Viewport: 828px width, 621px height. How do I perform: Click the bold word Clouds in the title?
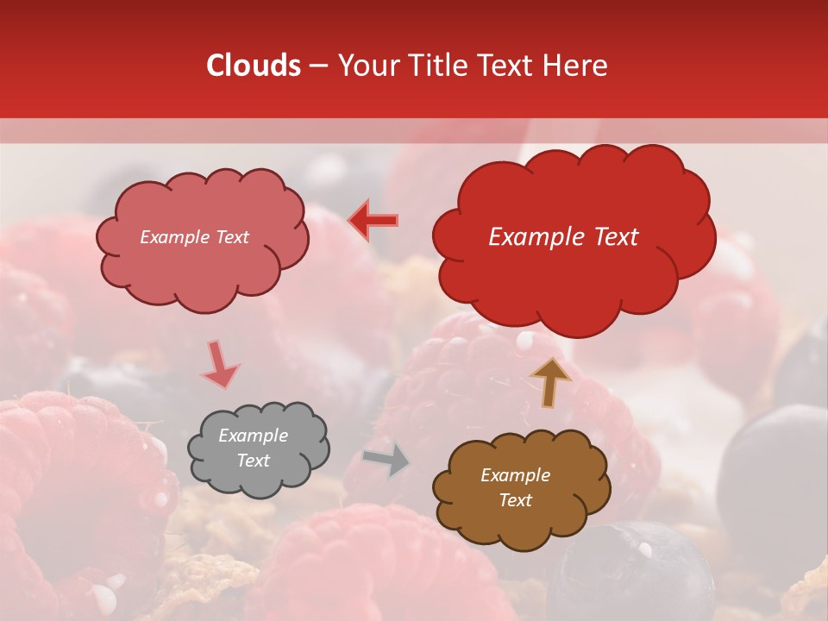coord(254,66)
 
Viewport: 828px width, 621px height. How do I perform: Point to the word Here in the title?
coord(575,66)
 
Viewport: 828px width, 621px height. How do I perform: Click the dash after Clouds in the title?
coord(317,66)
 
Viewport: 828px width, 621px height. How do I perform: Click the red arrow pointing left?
coord(373,220)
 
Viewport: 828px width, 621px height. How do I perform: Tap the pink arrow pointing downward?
coord(219,365)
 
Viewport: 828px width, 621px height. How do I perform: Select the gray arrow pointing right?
coord(386,460)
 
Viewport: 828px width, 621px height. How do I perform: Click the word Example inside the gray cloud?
coord(253,436)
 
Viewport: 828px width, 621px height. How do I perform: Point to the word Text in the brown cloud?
coord(515,500)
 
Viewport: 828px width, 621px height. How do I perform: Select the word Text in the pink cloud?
coord(231,237)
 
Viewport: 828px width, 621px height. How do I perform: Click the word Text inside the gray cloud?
coord(253,461)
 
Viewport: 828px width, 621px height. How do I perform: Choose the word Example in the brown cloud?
coord(515,475)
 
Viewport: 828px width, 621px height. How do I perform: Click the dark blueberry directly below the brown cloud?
coord(630,574)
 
